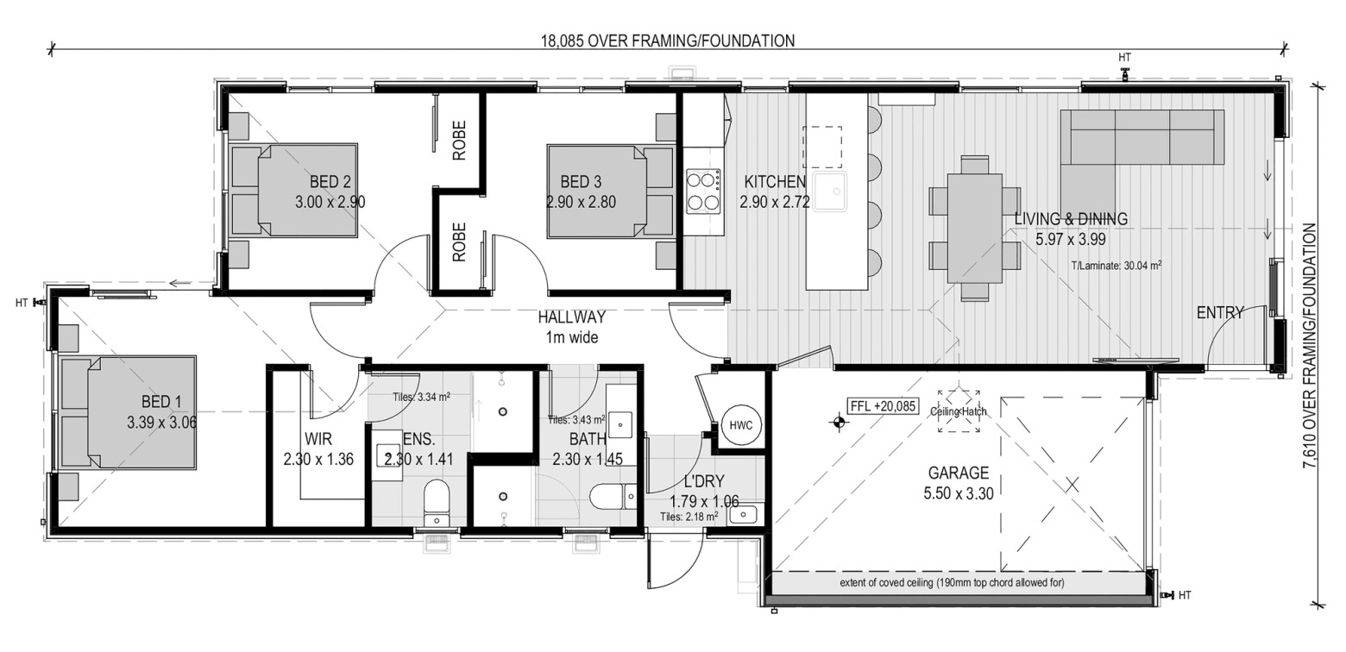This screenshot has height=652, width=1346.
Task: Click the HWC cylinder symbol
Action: click(740, 425)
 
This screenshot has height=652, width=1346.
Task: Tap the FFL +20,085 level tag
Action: click(882, 406)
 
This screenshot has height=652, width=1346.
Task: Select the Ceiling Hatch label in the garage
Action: click(959, 411)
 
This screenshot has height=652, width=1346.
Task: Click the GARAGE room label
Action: click(959, 473)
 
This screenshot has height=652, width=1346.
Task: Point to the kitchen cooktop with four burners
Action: click(704, 191)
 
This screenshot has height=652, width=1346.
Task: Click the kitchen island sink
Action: click(830, 191)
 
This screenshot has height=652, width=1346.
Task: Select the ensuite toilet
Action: click(437, 503)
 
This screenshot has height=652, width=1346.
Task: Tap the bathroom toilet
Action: click(613, 497)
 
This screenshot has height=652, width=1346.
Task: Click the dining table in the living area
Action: click(975, 229)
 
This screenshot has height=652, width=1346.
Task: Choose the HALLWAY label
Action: click(571, 317)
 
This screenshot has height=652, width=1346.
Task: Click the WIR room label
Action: click(318, 439)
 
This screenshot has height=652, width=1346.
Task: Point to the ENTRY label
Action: click(1220, 313)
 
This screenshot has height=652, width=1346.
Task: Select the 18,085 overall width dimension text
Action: click(668, 41)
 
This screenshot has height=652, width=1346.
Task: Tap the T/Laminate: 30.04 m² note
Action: click(1116, 266)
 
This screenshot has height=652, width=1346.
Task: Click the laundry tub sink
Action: click(745, 515)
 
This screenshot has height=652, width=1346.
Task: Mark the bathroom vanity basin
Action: click(620, 424)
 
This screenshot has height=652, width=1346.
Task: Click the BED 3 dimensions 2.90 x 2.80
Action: click(581, 203)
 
